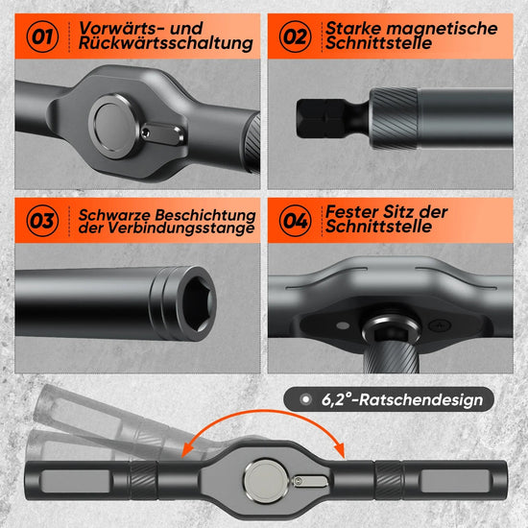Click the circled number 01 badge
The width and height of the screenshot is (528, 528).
(x=42, y=36)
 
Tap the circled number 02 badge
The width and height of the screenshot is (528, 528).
(x=295, y=36)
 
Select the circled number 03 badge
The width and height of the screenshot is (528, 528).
(x=42, y=221)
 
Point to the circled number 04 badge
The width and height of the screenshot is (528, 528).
(x=295, y=221)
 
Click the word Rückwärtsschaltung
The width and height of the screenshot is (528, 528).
(x=166, y=44)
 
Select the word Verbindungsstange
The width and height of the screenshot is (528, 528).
(x=181, y=228)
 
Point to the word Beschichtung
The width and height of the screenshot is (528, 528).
(x=205, y=215)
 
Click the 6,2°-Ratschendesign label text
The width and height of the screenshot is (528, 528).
(x=402, y=399)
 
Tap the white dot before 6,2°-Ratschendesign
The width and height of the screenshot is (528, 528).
(x=305, y=399)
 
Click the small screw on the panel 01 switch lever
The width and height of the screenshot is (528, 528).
(x=146, y=133)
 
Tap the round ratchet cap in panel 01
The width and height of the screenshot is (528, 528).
(x=113, y=126)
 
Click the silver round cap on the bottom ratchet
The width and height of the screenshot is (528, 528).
(x=266, y=482)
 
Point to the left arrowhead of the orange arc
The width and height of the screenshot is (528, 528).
(x=187, y=450)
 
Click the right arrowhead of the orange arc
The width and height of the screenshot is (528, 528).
(x=340, y=450)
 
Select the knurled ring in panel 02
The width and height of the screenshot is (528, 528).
(x=394, y=118)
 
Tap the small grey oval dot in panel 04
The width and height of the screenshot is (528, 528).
(x=343, y=325)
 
